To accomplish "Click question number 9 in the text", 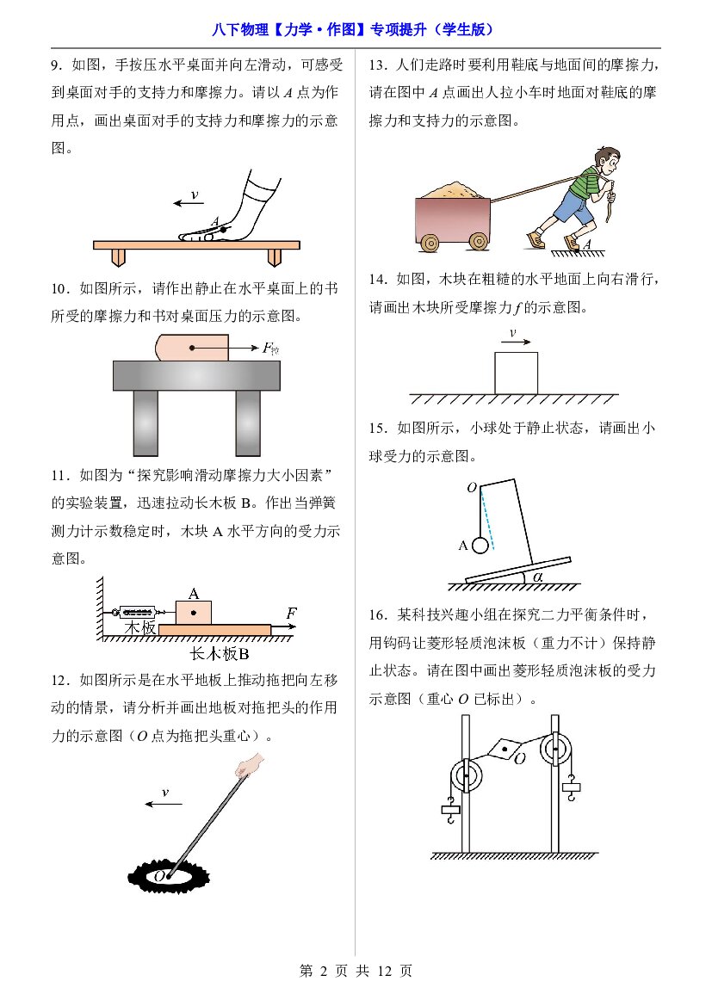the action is pyautogui.click(x=56, y=65).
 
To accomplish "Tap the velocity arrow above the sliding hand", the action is pyautogui.click(x=188, y=203).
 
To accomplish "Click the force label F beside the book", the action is pyautogui.click(x=270, y=349).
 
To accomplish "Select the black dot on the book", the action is pyautogui.click(x=192, y=348).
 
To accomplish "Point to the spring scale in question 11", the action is pyautogui.click(x=137, y=611).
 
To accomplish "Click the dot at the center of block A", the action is pyautogui.click(x=193, y=613).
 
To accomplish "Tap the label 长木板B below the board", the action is pyautogui.click(x=219, y=653).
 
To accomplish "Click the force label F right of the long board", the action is pyautogui.click(x=292, y=613).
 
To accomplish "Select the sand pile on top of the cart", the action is pyautogui.click(x=449, y=190).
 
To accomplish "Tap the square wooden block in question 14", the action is pyautogui.click(x=516, y=373).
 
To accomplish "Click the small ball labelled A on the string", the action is pyautogui.click(x=480, y=546).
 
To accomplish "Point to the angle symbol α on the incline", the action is pyautogui.click(x=537, y=577).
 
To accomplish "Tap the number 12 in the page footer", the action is pyautogui.click(x=384, y=971).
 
